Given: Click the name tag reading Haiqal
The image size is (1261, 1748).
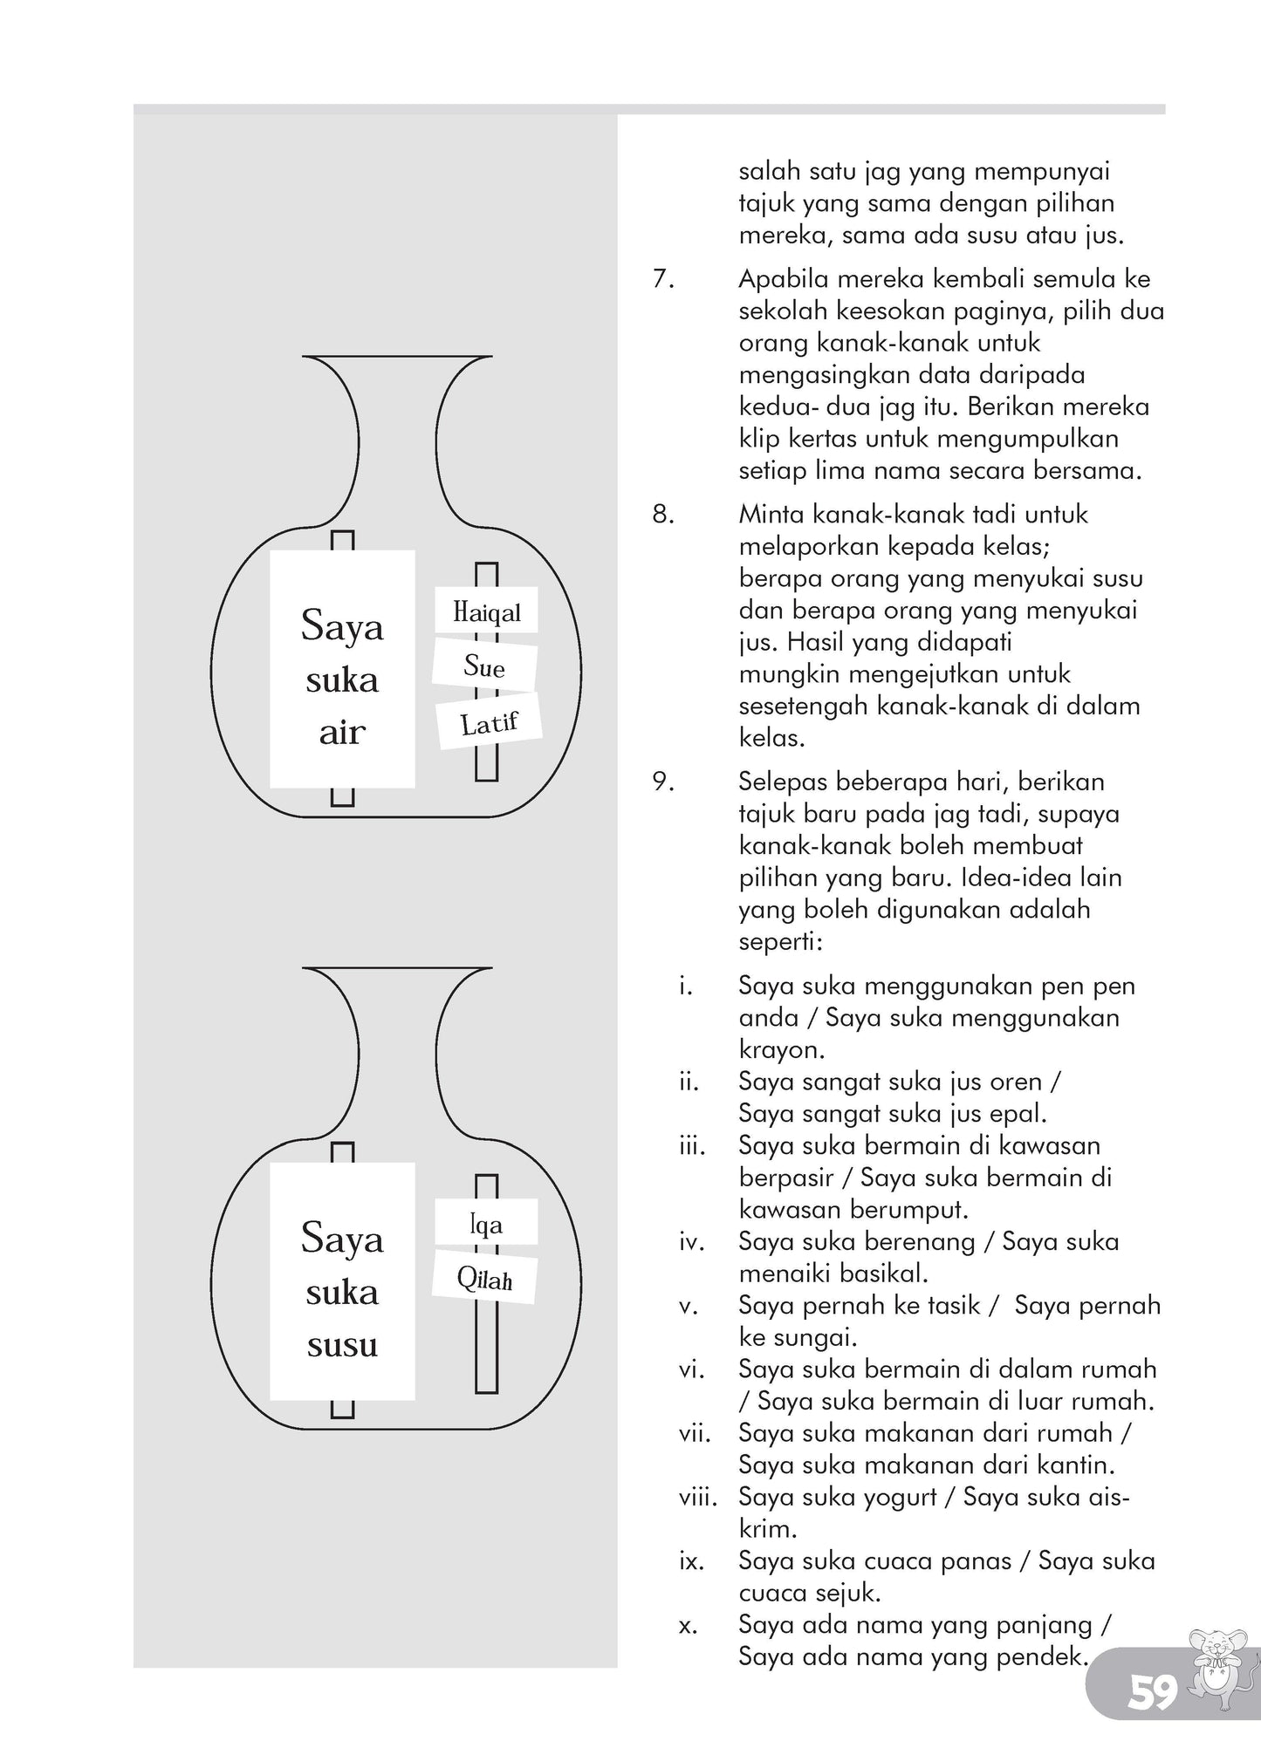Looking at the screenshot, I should [486, 611].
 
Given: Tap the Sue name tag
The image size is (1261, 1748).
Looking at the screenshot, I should [484, 667].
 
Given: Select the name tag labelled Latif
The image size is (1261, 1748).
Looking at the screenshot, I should [489, 722].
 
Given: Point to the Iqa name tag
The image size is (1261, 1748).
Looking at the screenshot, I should [486, 1225].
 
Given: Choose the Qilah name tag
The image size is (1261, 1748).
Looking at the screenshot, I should [484, 1280].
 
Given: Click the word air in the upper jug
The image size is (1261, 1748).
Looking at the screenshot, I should [341, 733].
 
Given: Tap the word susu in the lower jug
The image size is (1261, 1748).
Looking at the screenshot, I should [341, 1345].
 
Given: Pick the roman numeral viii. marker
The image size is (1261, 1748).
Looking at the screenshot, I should [697, 1498].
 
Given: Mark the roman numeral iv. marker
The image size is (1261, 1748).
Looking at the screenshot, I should [691, 1242].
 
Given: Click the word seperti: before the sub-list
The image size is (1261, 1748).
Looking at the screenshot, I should [779, 943].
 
